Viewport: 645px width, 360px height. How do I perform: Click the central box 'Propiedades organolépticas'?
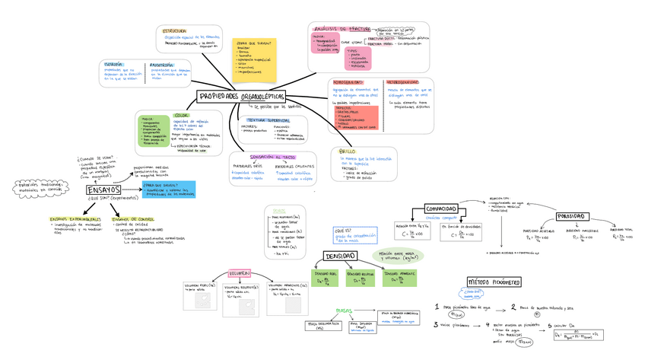242,97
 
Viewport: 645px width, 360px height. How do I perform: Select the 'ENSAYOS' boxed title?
103,190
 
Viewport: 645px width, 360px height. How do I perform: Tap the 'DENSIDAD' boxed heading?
343,256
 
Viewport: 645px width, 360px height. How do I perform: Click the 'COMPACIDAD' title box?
441,208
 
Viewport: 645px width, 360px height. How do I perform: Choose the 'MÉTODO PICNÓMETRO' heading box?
493,282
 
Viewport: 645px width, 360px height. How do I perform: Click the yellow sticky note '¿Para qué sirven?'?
256,58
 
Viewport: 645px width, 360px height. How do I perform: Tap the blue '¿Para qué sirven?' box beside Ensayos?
169,189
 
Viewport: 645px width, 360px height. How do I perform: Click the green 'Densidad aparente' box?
401,278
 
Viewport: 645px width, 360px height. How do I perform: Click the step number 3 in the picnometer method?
436,323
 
